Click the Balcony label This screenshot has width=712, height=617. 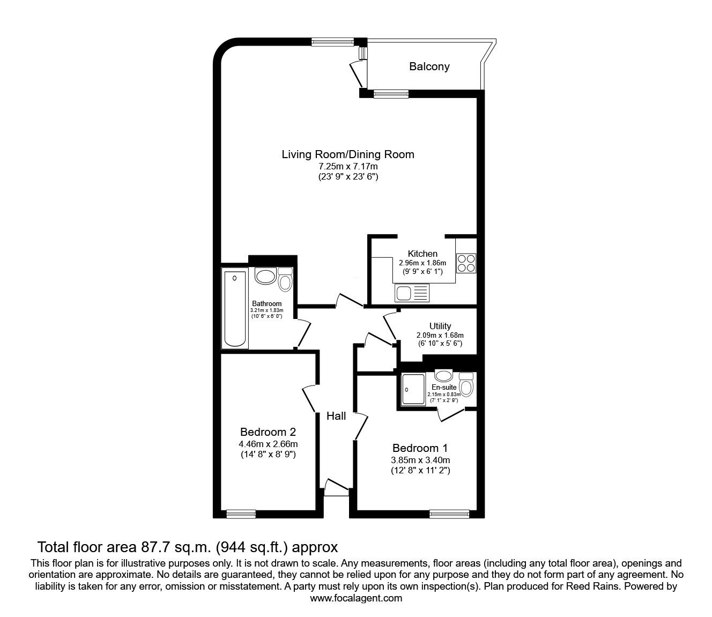429,67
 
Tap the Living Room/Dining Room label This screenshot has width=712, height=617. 348,155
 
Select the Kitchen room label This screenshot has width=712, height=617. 422,254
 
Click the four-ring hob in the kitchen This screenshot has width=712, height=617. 466,263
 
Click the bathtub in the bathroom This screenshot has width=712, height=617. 234,309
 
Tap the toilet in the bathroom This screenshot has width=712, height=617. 285,280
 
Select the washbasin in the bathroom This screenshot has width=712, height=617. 265,277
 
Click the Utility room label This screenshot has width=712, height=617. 440,326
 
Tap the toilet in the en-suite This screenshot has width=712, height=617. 467,385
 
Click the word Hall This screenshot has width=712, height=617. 337,416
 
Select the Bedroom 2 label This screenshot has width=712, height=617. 268,432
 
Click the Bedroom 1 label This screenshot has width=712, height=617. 420,448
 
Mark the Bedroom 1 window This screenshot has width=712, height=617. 446,515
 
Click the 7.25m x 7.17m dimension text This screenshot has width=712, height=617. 348,167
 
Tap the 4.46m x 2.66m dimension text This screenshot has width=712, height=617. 268,444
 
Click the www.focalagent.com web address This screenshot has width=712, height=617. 356,598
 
